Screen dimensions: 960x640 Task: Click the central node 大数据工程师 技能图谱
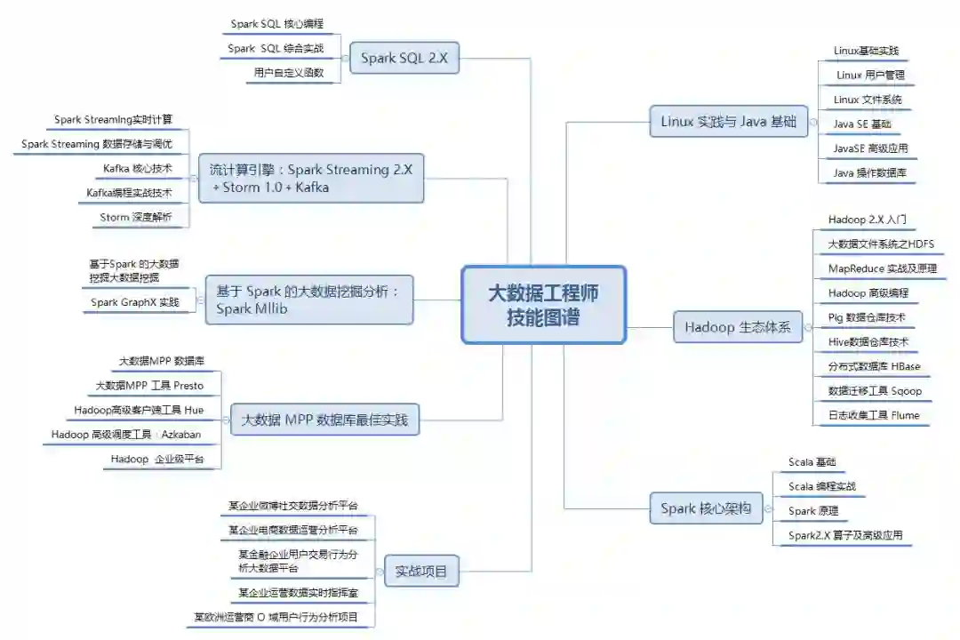point(543,305)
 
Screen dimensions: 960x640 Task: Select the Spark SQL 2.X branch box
point(404,59)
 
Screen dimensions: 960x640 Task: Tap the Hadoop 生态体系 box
point(737,327)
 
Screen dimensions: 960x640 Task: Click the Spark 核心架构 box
point(706,508)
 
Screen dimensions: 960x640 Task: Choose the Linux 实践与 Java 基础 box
point(728,121)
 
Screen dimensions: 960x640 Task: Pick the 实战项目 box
point(421,570)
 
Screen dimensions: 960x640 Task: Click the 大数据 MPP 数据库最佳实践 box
point(324,420)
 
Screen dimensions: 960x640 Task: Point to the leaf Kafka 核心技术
point(137,168)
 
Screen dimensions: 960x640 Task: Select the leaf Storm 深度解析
point(136,217)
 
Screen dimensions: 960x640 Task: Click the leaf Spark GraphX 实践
point(135,302)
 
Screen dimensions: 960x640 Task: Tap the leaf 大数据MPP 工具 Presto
point(149,386)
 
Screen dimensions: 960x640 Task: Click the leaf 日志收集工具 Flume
point(873,415)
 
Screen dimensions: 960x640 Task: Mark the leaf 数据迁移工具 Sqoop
point(875,390)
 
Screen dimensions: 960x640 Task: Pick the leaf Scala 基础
point(812,462)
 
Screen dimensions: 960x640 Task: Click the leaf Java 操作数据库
point(869,172)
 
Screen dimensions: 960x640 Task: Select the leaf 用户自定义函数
point(288,73)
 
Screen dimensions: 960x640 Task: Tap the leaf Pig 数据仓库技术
point(868,316)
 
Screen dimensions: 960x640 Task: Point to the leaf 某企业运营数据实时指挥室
point(298,592)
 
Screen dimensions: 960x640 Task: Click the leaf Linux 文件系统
point(868,100)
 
